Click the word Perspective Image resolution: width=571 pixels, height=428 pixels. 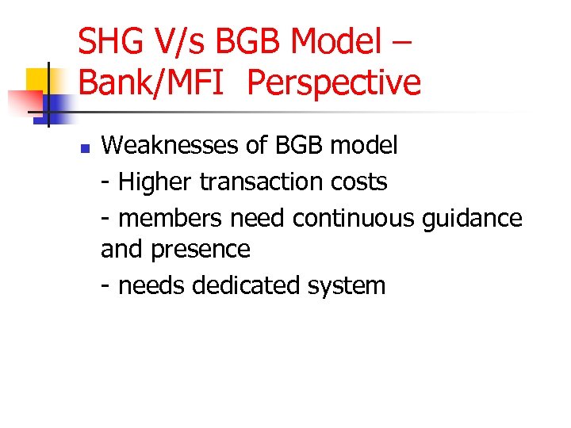click(x=334, y=82)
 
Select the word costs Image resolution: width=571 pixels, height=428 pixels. click(x=358, y=182)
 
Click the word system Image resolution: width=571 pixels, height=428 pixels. click(x=348, y=285)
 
